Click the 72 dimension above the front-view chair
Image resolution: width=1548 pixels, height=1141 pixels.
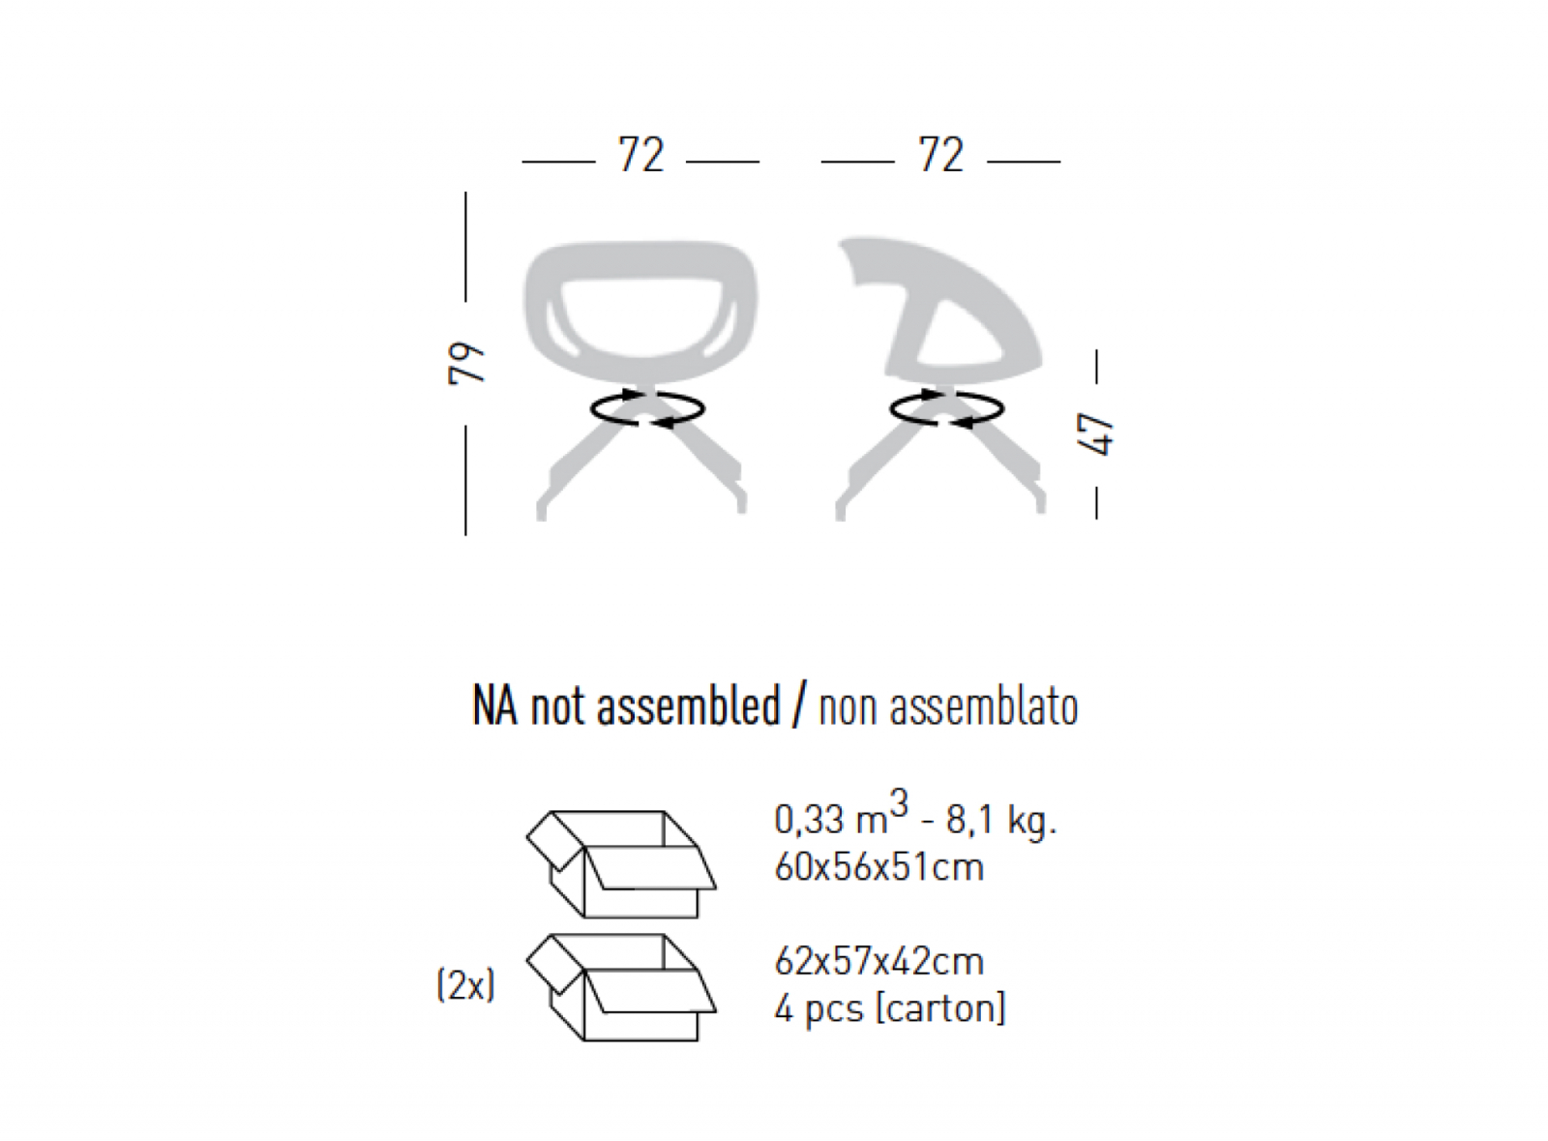point(641,154)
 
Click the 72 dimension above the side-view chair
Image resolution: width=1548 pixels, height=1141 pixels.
point(940,154)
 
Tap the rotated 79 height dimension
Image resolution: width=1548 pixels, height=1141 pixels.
point(466,363)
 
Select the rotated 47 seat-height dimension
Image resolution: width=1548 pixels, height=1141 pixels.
point(1096,435)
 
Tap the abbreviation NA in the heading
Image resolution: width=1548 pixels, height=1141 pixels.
point(494,706)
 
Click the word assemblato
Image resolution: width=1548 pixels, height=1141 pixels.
point(984,707)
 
